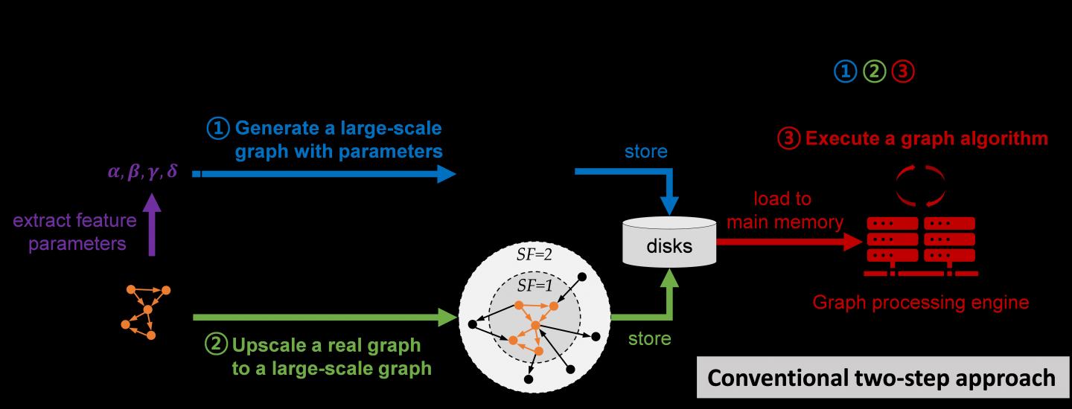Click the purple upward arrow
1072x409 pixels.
(x=152, y=224)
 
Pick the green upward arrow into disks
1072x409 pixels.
(x=670, y=297)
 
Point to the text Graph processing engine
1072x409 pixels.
(x=921, y=303)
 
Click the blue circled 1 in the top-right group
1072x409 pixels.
(x=845, y=71)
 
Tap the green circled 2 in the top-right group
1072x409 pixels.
(x=873, y=71)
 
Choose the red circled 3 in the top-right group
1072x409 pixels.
(x=902, y=71)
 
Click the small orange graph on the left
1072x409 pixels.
(x=146, y=310)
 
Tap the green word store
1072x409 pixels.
(x=649, y=339)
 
